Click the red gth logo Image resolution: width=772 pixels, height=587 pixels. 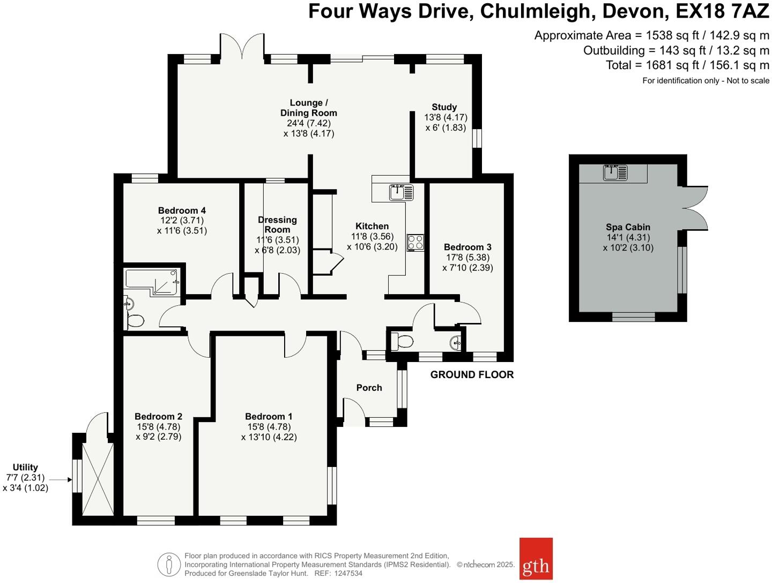536,559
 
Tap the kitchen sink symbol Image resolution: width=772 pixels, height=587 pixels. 402,192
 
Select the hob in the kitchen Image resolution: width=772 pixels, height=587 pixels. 415,242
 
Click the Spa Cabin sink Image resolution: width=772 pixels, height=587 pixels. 615,172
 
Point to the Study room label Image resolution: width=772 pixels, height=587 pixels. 444,107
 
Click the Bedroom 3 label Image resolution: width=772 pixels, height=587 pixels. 467,247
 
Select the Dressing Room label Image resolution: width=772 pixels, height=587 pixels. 277,224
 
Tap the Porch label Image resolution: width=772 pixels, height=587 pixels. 369,387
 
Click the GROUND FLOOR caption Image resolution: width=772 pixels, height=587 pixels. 472,375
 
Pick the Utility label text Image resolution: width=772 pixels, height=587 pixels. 25,468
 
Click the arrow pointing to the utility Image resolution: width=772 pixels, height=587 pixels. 60,479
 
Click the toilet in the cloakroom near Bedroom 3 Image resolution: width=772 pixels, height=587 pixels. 401,341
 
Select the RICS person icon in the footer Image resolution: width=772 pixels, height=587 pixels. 169,565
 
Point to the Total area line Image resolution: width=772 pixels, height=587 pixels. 687,65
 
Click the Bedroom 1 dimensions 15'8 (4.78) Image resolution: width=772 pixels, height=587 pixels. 269,427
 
